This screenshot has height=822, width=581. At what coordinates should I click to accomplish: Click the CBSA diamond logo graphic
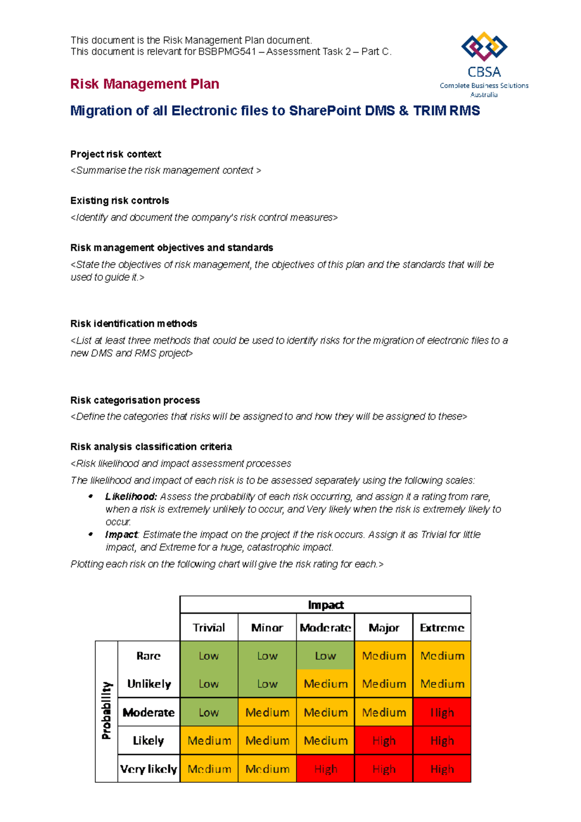[484, 47]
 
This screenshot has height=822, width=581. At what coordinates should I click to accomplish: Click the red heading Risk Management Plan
[144, 84]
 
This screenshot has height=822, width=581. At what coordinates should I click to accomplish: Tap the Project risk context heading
[115, 154]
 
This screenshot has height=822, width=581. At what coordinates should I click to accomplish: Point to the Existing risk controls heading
[120, 200]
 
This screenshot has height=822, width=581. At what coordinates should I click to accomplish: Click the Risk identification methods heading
[134, 323]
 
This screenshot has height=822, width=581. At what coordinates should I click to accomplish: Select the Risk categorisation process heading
[135, 400]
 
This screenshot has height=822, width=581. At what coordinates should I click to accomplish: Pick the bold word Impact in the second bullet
[121, 534]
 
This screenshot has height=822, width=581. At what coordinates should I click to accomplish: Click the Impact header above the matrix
[325, 605]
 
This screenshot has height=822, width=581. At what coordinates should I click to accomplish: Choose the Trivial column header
[209, 628]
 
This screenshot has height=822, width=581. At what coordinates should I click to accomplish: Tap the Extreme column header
[442, 628]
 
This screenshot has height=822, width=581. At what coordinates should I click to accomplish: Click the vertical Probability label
[107, 711]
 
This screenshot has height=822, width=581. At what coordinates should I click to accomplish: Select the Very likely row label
[149, 769]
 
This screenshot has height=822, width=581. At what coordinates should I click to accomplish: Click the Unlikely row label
[149, 684]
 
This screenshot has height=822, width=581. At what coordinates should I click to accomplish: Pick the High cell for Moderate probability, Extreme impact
[442, 712]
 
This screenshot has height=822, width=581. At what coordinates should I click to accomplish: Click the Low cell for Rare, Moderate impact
[325, 656]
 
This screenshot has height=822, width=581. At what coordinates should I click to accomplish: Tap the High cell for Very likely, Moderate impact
[325, 769]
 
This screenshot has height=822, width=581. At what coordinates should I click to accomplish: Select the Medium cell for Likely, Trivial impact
[209, 741]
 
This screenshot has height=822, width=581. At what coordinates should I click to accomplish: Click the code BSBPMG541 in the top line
[227, 52]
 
